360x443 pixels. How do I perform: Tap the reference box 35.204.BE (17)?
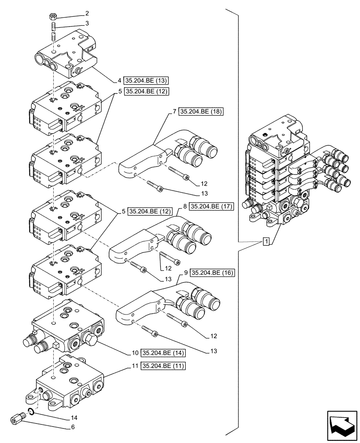point(211,206)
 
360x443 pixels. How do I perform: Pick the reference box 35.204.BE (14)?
point(163,353)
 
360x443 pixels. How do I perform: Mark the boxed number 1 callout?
point(266,241)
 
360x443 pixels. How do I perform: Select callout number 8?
point(184,206)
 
